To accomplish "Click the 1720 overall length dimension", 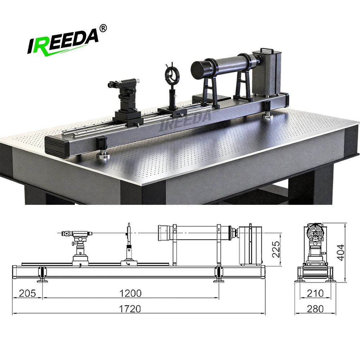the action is click(x=130, y=309).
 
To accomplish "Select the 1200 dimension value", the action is click(x=131, y=293).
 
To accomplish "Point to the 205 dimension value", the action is click(x=27, y=293).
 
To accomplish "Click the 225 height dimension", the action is click(x=276, y=249).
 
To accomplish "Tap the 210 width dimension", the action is click(x=315, y=293).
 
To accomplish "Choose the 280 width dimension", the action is click(x=315, y=309).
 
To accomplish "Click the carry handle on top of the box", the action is click(x=266, y=50).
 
